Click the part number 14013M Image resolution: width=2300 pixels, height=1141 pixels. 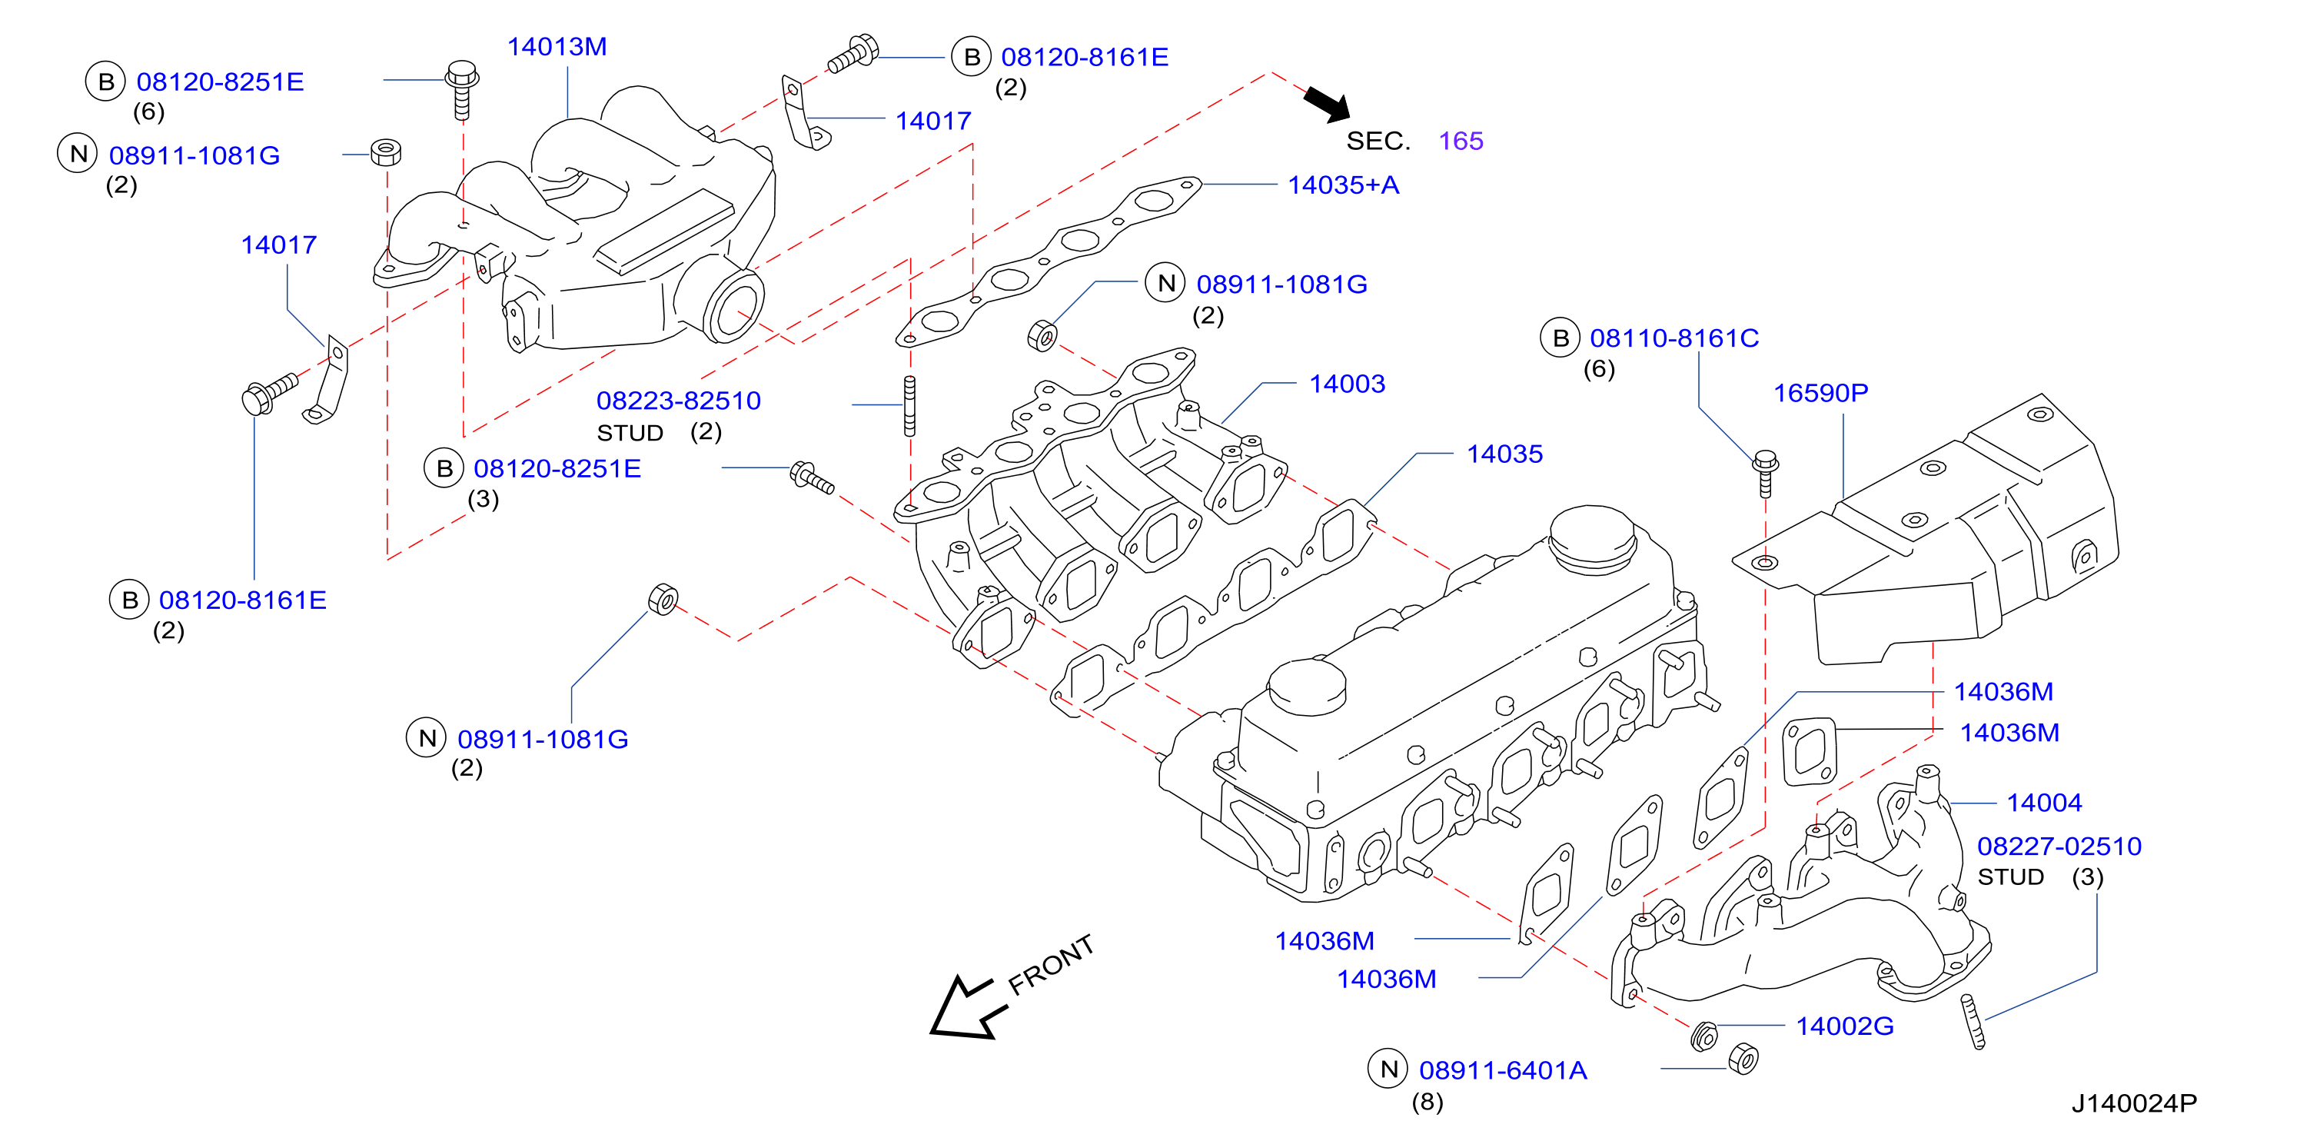557,46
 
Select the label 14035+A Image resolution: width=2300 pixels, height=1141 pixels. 1343,185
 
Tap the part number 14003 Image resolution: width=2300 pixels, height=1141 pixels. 1347,384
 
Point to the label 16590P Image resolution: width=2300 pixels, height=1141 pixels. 1820,393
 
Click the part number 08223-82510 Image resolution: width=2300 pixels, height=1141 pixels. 679,401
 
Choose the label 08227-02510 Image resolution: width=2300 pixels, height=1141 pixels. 2059,847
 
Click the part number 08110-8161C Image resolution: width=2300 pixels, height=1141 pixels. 1674,338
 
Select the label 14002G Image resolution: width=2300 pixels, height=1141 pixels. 1845,1026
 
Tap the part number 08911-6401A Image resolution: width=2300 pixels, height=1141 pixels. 1503,1070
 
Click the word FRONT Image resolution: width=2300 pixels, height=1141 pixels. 1051,964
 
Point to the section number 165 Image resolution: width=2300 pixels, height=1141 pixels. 1461,141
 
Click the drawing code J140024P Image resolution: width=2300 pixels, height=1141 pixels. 2134,1103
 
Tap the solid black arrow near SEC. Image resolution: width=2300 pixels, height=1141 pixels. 1328,104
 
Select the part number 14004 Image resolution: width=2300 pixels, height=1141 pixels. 2044,803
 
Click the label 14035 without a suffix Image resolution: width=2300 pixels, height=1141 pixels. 1504,454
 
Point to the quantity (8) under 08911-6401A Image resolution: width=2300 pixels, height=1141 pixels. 1427,1103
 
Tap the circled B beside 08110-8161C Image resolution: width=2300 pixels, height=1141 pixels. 1560,338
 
